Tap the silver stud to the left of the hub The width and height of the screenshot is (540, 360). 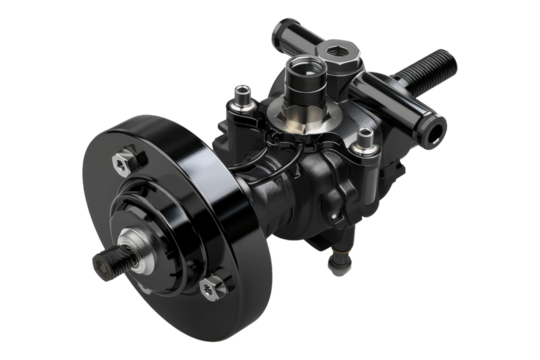240,97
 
